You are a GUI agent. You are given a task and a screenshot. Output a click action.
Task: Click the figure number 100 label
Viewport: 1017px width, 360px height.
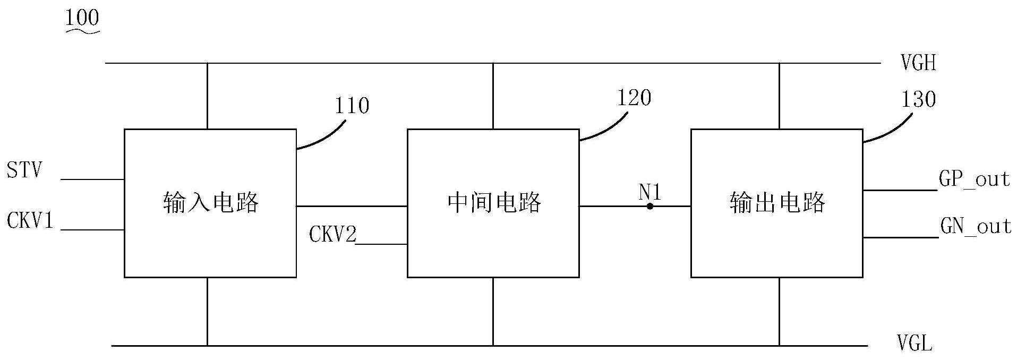pos(82,19)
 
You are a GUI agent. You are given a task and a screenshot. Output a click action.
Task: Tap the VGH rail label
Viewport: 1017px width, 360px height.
pos(918,64)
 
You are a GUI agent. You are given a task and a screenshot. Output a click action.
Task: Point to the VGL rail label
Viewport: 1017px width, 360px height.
pos(915,344)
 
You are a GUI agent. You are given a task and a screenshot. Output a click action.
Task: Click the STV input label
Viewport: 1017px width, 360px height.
pos(24,172)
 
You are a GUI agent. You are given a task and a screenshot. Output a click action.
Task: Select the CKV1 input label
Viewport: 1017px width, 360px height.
pos(30,221)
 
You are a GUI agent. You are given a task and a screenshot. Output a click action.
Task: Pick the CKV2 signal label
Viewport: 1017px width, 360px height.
pos(333,235)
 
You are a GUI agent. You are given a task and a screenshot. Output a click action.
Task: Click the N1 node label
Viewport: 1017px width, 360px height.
pos(649,192)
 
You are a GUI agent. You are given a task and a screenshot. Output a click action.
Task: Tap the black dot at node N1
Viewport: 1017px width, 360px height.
pos(649,206)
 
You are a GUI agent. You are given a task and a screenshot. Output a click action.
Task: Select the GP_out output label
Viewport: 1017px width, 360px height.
pos(974,179)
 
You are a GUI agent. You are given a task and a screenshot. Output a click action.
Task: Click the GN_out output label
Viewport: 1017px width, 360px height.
pos(976,227)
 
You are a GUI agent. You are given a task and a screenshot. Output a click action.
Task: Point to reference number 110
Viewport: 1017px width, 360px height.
pos(352,106)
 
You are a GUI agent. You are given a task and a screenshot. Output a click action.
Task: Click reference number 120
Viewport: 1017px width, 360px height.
pos(634,98)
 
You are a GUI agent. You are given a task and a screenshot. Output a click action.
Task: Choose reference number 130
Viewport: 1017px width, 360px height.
pos(918,99)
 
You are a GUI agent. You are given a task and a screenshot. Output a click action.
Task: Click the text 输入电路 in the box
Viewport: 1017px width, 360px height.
pos(210,203)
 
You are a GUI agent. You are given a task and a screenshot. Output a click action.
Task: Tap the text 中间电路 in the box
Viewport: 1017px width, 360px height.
pos(493,203)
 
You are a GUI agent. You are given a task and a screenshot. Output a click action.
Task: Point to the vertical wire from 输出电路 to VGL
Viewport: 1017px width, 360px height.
pos(779,311)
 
